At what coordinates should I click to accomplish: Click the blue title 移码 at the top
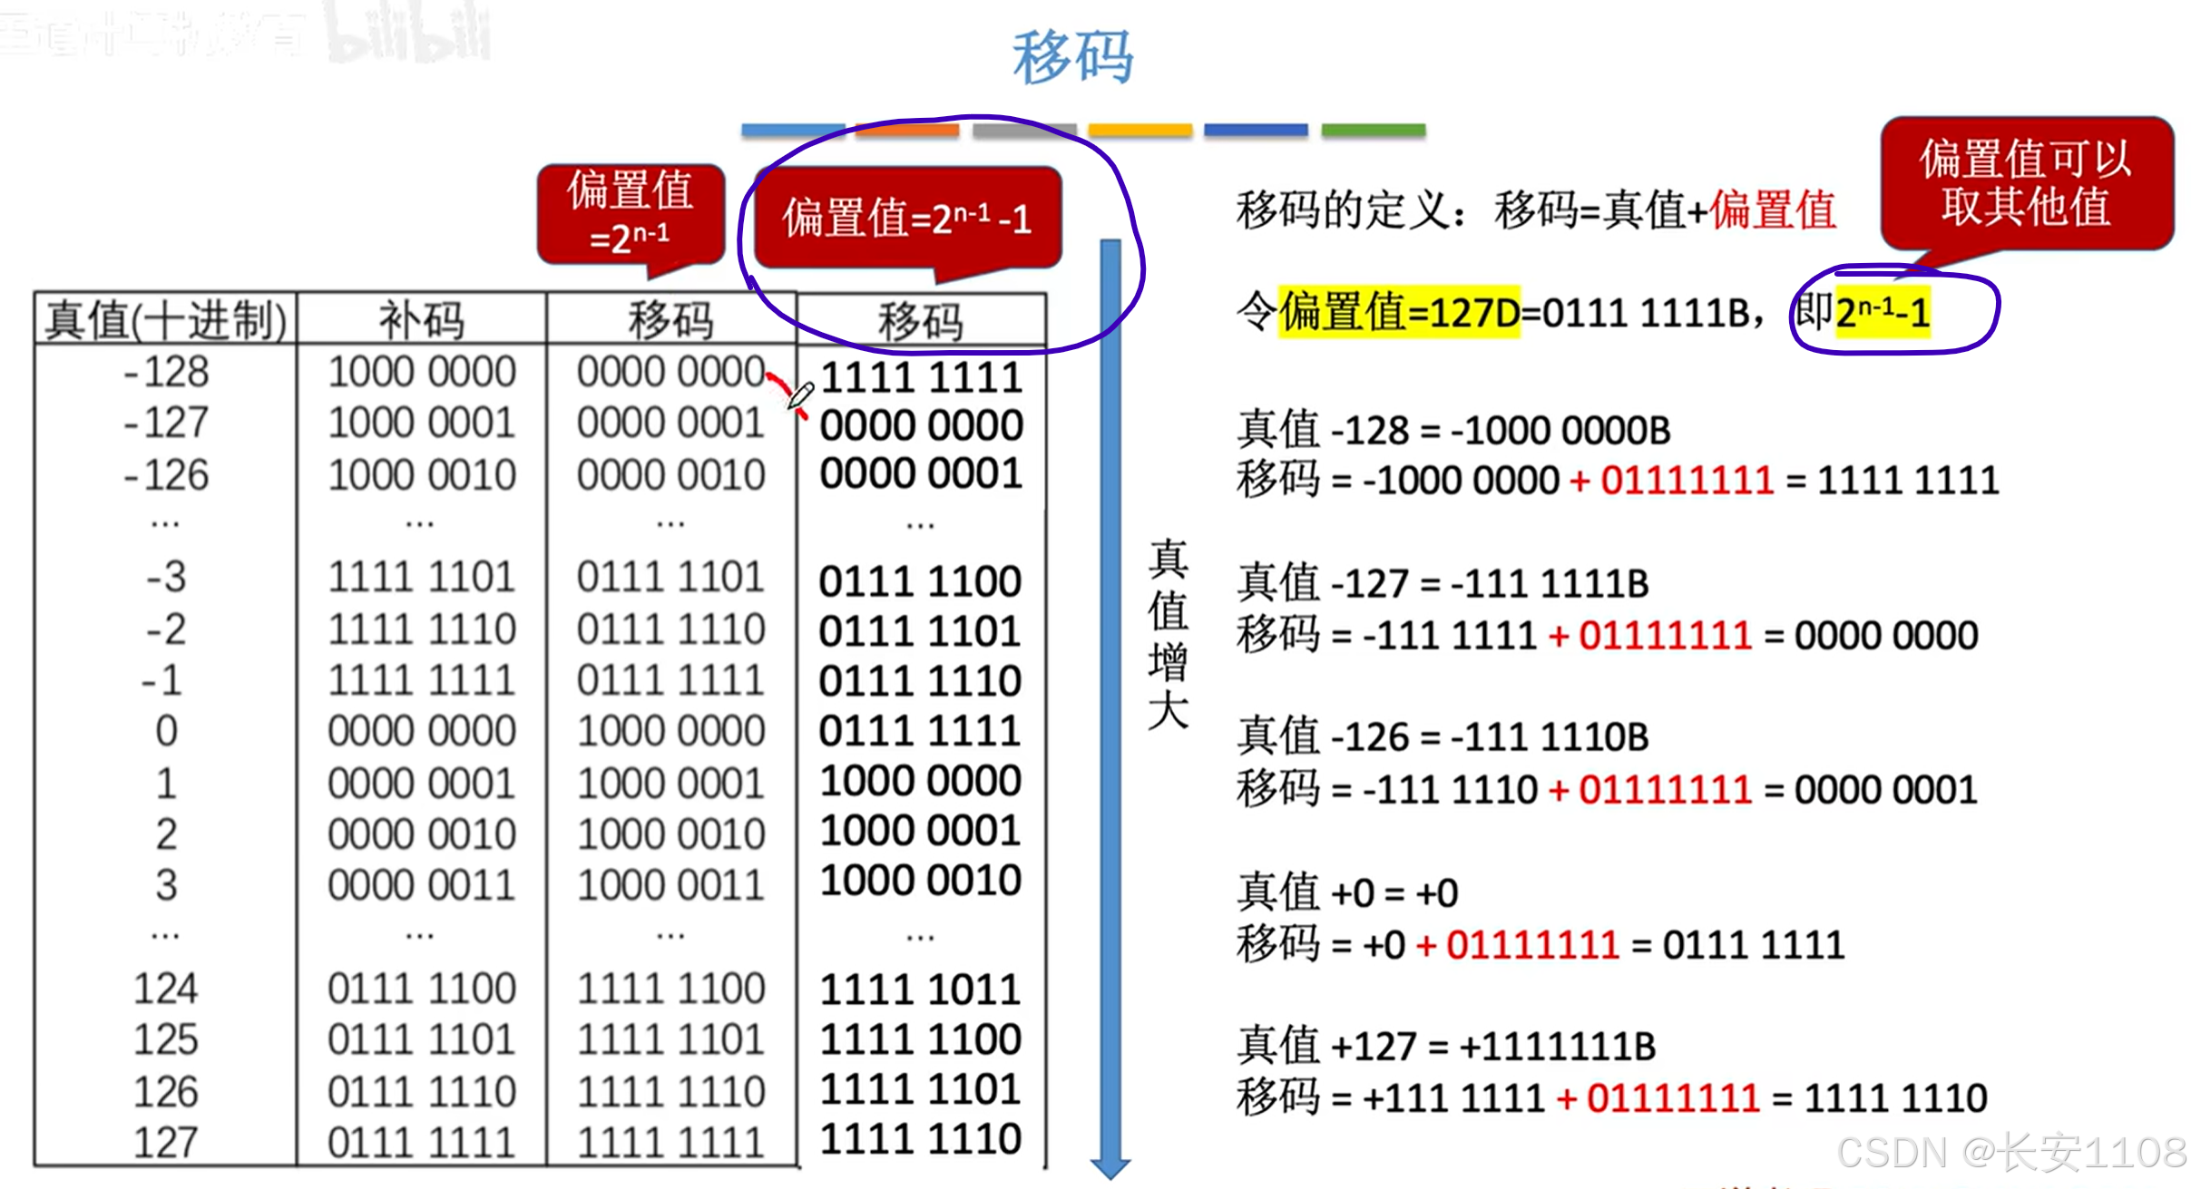click(x=1072, y=56)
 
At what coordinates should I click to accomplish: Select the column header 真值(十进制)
click(x=166, y=320)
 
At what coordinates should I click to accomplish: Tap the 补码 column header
click(x=421, y=320)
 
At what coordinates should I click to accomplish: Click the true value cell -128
click(x=166, y=372)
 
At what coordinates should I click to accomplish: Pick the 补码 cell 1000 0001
click(x=422, y=423)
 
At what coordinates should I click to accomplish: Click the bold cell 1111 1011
click(x=921, y=989)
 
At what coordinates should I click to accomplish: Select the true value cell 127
click(x=166, y=1142)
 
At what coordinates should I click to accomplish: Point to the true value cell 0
click(x=166, y=731)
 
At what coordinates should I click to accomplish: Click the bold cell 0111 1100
click(x=921, y=581)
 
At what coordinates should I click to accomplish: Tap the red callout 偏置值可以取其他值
click(x=2026, y=182)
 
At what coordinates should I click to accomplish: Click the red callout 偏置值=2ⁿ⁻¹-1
click(x=907, y=219)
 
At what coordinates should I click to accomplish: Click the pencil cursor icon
click(x=800, y=395)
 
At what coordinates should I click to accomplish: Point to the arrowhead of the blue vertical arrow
click(x=1110, y=1167)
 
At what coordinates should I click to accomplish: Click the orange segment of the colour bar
click(x=907, y=131)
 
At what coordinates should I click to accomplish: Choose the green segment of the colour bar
click(x=1374, y=131)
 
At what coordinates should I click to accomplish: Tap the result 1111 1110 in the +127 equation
click(x=1896, y=1098)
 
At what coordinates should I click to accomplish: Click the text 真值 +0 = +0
click(x=1348, y=893)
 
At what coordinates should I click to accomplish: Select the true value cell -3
click(x=166, y=577)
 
